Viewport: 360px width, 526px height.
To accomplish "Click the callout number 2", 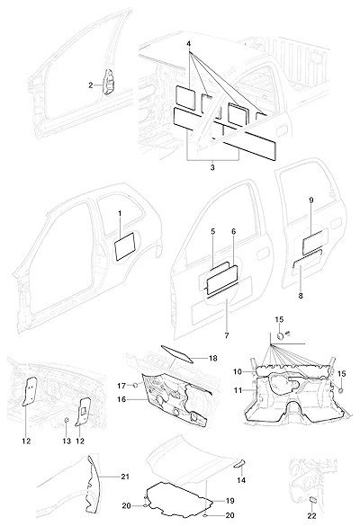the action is [x=91, y=85].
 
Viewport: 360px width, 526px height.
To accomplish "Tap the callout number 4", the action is [x=189, y=44].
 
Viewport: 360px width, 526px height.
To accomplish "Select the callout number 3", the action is [x=212, y=167].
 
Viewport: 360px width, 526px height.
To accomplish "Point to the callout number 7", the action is [x=226, y=335].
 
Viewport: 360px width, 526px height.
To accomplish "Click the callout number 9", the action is [x=311, y=201].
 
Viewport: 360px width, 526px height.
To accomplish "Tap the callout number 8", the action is [x=301, y=296].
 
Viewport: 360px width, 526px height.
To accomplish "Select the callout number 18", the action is [x=213, y=358].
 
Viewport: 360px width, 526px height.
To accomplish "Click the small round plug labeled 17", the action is [x=136, y=385].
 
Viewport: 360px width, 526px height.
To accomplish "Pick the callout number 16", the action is [x=121, y=399].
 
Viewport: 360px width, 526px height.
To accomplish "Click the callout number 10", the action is [x=237, y=371].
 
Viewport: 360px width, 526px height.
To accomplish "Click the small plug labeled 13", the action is [x=67, y=419].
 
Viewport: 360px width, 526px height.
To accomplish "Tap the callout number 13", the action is [x=67, y=441].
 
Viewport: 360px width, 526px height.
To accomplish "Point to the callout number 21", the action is [x=125, y=477].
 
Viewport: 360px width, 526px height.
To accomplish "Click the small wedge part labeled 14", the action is [x=240, y=464].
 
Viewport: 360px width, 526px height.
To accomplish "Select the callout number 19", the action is [x=230, y=501].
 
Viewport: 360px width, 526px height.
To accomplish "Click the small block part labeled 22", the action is [x=313, y=500].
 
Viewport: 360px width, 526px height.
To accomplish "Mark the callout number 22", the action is [x=312, y=516].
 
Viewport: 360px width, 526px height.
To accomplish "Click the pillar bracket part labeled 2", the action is [x=109, y=83].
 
